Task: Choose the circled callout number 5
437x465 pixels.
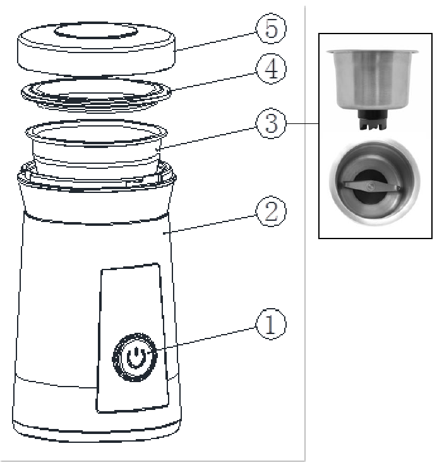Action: pos(270,28)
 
